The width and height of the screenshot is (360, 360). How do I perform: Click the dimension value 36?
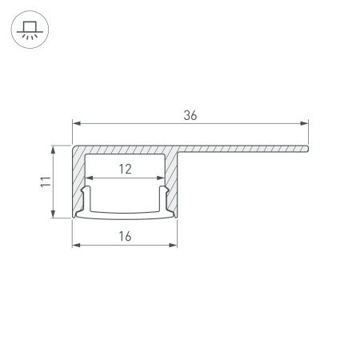pos(190,114)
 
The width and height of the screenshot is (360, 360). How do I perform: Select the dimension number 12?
pos(125,169)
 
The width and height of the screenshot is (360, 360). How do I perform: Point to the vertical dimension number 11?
pos(44,182)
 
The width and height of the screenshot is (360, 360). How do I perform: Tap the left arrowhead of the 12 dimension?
pos(89,178)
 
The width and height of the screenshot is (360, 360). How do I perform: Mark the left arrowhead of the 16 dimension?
pos(77,245)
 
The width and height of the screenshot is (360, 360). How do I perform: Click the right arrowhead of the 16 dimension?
pos(174,245)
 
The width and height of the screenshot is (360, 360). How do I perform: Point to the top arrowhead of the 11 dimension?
pos(54,149)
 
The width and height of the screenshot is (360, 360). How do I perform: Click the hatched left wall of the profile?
pos(79,184)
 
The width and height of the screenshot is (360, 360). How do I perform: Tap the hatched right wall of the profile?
pos(172,184)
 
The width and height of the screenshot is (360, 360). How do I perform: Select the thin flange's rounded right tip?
pos(307,147)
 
